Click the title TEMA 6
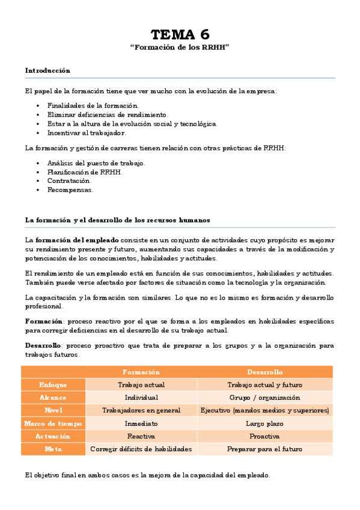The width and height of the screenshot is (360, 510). pos(180,34)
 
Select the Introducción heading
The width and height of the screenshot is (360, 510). pos(47,70)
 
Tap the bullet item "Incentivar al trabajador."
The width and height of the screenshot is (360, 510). pos(87,133)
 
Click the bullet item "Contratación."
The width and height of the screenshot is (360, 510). pos(69,180)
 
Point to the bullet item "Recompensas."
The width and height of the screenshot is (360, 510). pos(70,189)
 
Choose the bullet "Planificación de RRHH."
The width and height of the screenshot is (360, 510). pos(85,171)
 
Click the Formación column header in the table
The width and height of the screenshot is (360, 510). pos(141,372)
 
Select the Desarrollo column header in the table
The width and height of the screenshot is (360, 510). pos(264,372)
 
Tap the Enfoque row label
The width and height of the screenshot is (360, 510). pos(53,385)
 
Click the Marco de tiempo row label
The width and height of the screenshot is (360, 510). pos(53,423)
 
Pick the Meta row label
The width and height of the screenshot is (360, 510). pos(53,449)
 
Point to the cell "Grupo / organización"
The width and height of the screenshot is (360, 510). pos(264,398)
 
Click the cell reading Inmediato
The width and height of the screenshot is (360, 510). pos(141,423)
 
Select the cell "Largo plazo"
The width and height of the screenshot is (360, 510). pos(264,423)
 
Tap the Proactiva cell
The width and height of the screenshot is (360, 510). pos(264,436)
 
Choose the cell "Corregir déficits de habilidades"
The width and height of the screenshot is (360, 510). pos(141,449)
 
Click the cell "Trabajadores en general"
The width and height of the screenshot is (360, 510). pos(141,411)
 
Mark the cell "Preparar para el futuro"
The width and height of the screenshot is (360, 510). pos(264,449)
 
